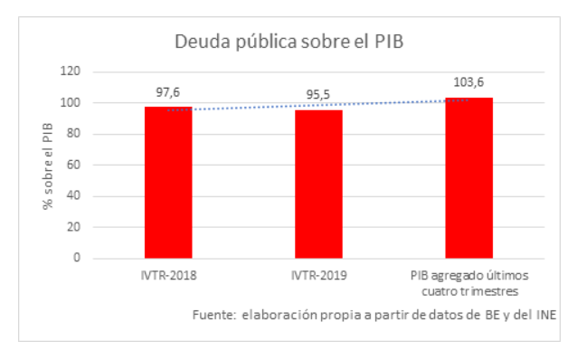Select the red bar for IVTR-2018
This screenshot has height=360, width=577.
(167, 182)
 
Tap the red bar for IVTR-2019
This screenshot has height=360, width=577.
(317, 184)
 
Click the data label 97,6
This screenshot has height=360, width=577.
(167, 92)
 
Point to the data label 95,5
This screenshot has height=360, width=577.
(317, 96)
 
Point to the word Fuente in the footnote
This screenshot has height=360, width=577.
(213, 315)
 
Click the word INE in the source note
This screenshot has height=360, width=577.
(544, 315)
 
